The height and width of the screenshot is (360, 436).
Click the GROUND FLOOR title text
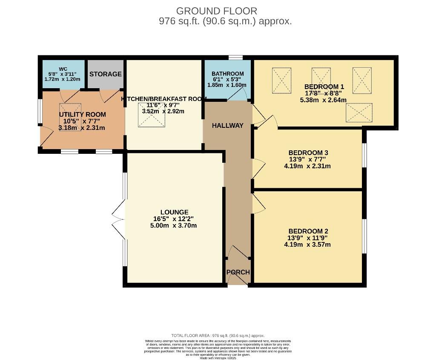[x=217, y=11]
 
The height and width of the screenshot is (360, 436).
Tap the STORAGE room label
[x=106, y=74]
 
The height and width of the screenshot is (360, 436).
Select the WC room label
[x=63, y=69]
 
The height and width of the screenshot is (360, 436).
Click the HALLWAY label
[x=228, y=126]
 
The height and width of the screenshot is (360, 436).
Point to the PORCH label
[x=238, y=272]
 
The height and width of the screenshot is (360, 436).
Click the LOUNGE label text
[x=174, y=212]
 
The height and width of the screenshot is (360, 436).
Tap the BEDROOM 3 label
[x=308, y=153]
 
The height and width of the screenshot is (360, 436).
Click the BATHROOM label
[x=228, y=74]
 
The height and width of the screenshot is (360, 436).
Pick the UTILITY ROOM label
[x=82, y=115]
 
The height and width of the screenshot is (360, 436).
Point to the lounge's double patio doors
[x=119, y=219]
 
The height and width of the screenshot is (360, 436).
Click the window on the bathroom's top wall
[x=235, y=58]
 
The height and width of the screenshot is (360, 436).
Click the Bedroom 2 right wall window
[x=364, y=236]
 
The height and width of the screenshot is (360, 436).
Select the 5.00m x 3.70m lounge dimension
[x=174, y=226]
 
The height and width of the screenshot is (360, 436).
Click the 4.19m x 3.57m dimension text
[x=307, y=245]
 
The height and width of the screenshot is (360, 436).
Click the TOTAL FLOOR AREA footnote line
[x=218, y=336]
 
